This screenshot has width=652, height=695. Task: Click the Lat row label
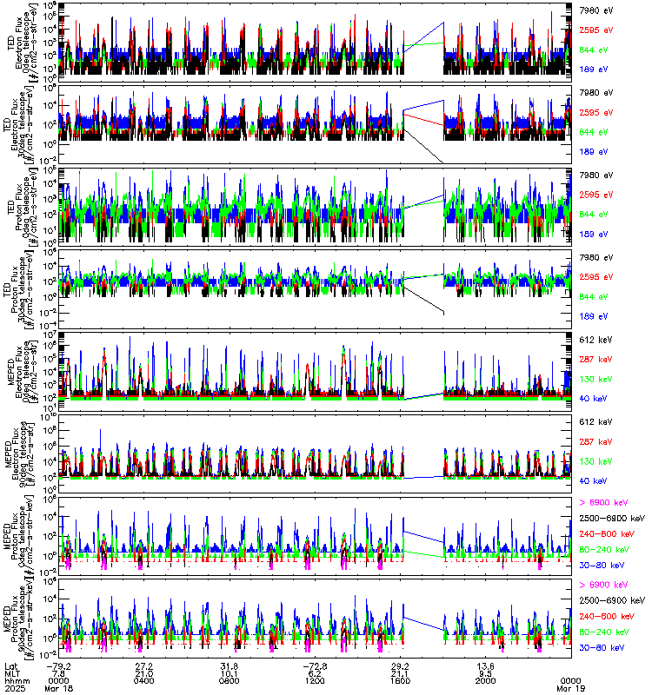pyautogui.click(x=10, y=665)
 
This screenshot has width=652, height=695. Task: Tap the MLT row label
pyautogui.click(x=11, y=672)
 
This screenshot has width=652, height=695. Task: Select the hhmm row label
pyautogui.click(x=13, y=680)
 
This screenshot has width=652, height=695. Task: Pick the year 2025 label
pyautogui.click(x=12, y=688)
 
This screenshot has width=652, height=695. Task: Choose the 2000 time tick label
pyautogui.click(x=486, y=680)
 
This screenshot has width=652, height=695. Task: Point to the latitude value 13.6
pyautogui.click(x=485, y=665)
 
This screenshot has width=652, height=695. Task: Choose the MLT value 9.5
pyautogui.click(x=487, y=672)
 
